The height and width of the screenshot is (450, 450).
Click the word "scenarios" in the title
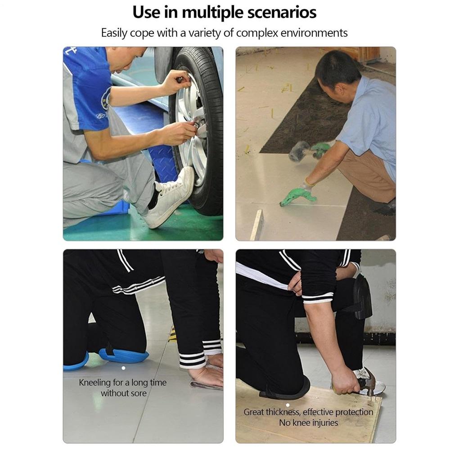[282, 12]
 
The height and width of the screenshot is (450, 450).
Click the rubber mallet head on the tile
[299, 151]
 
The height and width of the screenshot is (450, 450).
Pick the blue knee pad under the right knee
[124, 355]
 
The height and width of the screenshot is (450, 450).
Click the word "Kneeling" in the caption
[94, 383]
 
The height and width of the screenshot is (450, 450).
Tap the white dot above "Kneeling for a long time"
[123, 368]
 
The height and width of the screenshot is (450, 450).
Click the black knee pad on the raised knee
[360, 297]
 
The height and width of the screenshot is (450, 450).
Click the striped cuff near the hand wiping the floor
[193, 360]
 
